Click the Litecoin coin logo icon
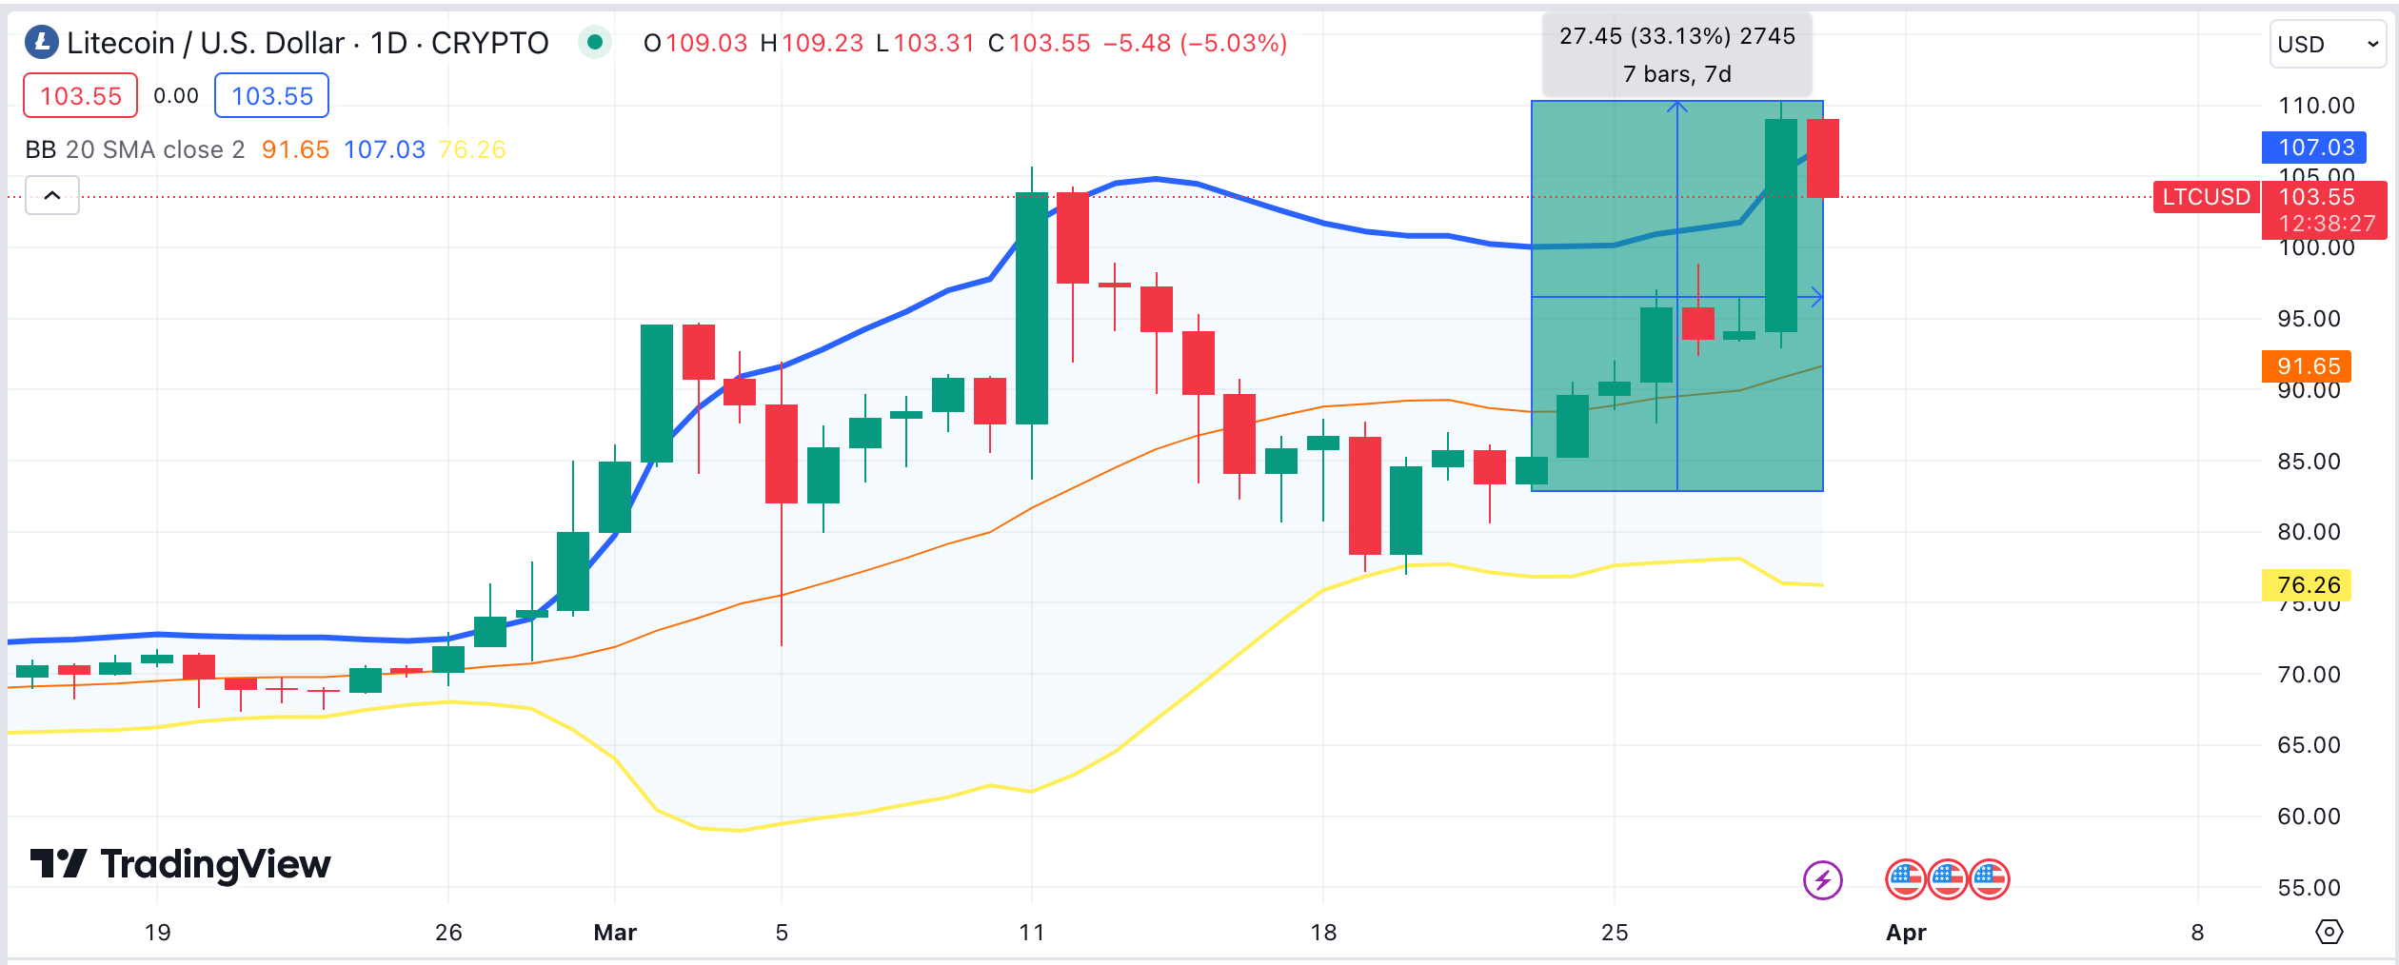[x=41, y=42]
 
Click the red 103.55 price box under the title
[x=81, y=96]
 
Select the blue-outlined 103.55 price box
[x=271, y=96]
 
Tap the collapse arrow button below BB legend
[x=52, y=195]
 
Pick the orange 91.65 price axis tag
[x=2307, y=366]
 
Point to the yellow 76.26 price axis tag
[x=2307, y=585]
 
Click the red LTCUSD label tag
[x=2206, y=197]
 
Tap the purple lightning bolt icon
[x=1822, y=879]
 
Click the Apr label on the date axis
[x=1906, y=933]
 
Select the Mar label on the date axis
[x=615, y=933]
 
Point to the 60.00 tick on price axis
[x=2308, y=817]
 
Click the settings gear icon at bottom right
[x=2329, y=932]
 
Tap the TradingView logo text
[x=181, y=864]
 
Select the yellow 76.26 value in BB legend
[x=471, y=149]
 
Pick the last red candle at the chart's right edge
[x=1822, y=158]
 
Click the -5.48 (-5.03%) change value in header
[x=1195, y=43]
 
